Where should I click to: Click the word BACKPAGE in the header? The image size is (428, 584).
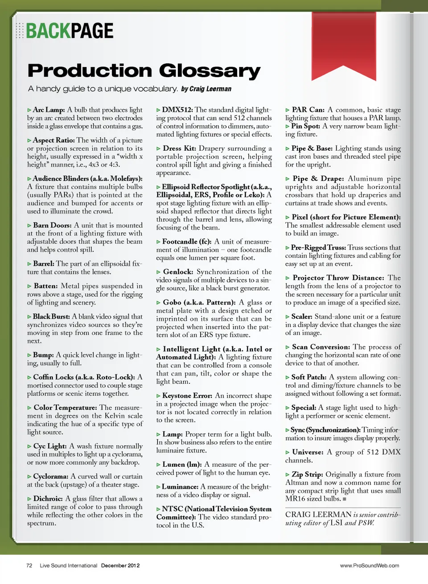pyautogui.click(x=70, y=31)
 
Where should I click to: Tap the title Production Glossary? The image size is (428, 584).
pyautogui.click(x=144, y=71)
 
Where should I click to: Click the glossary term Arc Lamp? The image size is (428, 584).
pyautogui.click(x=49, y=110)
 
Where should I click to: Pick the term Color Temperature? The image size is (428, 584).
pyautogui.click(x=65, y=407)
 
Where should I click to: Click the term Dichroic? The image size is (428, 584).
pyautogui.click(x=48, y=499)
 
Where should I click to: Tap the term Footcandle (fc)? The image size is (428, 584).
pyautogui.click(x=186, y=242)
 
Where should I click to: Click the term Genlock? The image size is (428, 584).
pyautogui.click(x=178, y=272)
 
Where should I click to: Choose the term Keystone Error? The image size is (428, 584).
pyautogui.click(x=187, y=396)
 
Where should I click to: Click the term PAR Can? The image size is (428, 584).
pyautogui.click(x=308, y=110)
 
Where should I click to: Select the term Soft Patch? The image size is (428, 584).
pyautogui.click(x=309, y=377)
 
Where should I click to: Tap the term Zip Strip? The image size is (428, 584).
pyautogui.click(x=306, y=474)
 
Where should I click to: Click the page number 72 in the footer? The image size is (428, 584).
pyautogui.click(x=29, y=566)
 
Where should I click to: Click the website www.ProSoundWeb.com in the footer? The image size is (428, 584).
pyautogui.click(x=370, y=566)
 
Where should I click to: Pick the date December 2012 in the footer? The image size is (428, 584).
pyautogui.click(x=120, y=566)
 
